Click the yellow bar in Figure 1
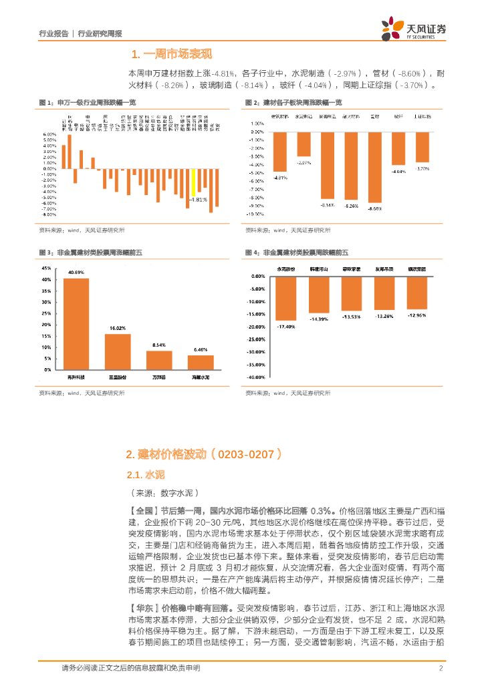pos(193,184)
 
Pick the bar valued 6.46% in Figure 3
pos(201,362)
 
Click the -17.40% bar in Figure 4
pos(285,297)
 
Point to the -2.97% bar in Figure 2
pos(304,144)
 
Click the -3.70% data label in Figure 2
pos(422,168)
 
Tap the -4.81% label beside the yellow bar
pos(198,199)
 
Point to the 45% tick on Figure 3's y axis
pos(46,261)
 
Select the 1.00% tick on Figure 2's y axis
pos(257,124)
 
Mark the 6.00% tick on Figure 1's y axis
pos(49,134)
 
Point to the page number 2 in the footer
pos(441,668)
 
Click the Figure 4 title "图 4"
pos(252,252)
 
